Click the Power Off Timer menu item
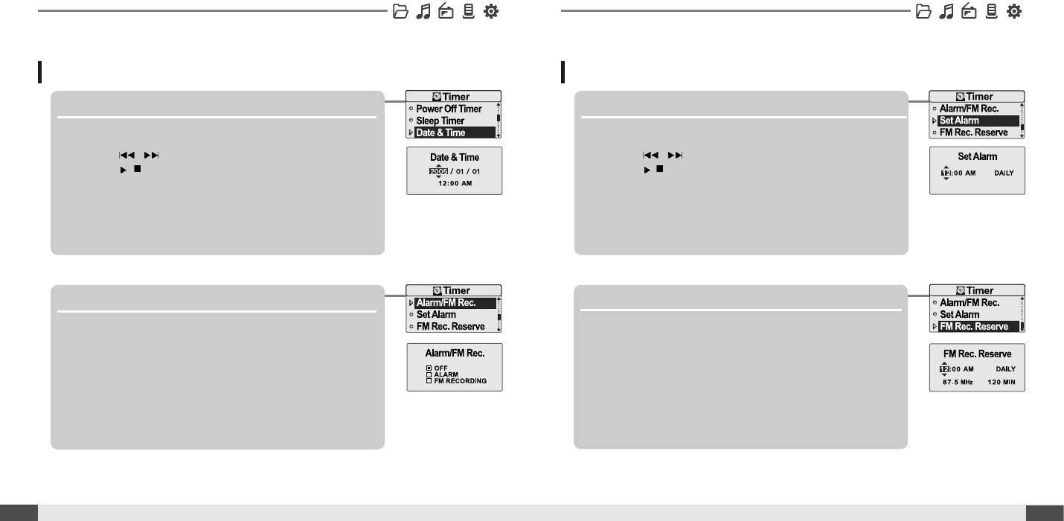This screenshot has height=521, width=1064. point(449,109)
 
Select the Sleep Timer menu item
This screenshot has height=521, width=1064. point(440,121)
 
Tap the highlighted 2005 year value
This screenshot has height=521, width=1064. point(438,171)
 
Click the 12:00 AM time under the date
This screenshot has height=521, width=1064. point(454,183)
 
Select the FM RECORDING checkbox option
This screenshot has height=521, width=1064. point(455,381)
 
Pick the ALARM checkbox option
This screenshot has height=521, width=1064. point(442,374)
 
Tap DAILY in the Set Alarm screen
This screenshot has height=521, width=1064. point(1004,173)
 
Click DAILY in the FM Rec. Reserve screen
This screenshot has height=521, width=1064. point(1005,368)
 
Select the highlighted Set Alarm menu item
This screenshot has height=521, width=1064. point(959,121)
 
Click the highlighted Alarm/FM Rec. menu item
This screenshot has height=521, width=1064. point(446,303)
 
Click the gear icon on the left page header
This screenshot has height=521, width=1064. point(491,11)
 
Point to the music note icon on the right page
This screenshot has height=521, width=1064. point(946,11)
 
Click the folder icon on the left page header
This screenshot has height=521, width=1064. point(400,11)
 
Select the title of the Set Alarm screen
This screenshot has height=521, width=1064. point(977,157)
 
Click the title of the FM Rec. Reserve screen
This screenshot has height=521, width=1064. point(977,354)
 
